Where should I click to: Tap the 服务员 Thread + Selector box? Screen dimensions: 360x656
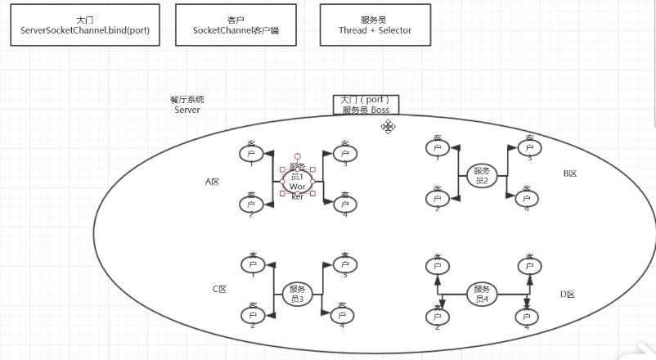click(375, 25)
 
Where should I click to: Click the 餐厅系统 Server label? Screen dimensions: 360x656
click(187, 105)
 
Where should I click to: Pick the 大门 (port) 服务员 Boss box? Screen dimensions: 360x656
click(366, 105)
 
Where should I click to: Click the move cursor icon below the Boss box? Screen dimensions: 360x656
click(388, 126)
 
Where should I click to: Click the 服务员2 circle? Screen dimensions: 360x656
click(481, 175)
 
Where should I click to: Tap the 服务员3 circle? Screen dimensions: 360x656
click(297, 294)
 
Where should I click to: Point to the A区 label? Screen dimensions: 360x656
click(213, 182)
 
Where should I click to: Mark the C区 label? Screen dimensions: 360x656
click(219, 290)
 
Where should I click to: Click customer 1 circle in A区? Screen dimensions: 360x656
click(251, 153)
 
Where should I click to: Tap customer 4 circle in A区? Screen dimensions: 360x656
click(344, 203)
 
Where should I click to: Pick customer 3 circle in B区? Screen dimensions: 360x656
click(528, 147)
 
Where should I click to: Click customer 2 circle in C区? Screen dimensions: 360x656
click(251, 315)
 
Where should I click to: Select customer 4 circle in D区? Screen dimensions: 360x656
click(528, 316)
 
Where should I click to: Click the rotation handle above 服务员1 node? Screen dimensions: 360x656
click(297, 155)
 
